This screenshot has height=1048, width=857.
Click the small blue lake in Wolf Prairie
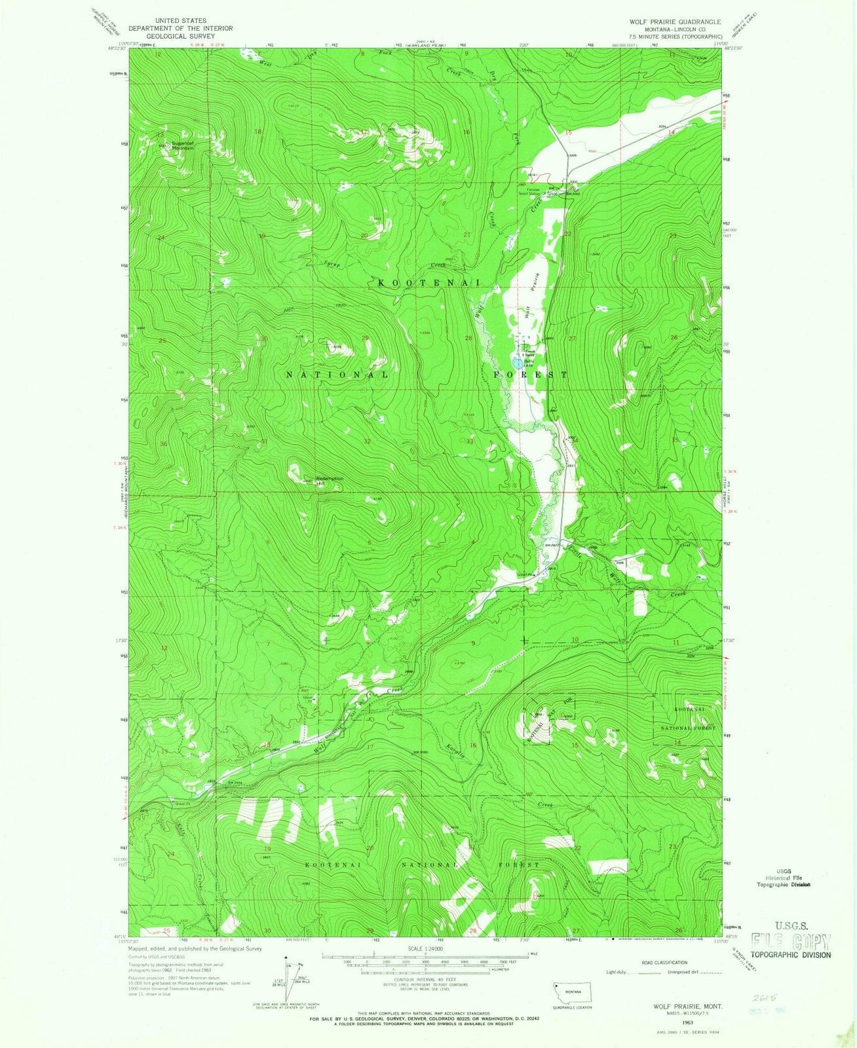pyautogui.click(x=518, y=362)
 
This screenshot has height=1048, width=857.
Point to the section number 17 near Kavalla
pyautogui.click(x=370, y=747)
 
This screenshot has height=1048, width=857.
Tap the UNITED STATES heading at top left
pyautogui.click(x=168, y=21)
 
